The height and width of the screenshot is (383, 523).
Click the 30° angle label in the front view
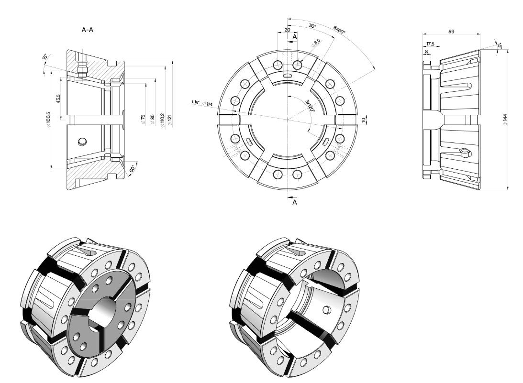coord(312,27)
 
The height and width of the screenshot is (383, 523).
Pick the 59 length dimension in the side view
coord(451,31)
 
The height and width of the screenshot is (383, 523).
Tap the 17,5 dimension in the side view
coord(430,44)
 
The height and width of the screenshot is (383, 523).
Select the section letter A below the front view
coord(295,202)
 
